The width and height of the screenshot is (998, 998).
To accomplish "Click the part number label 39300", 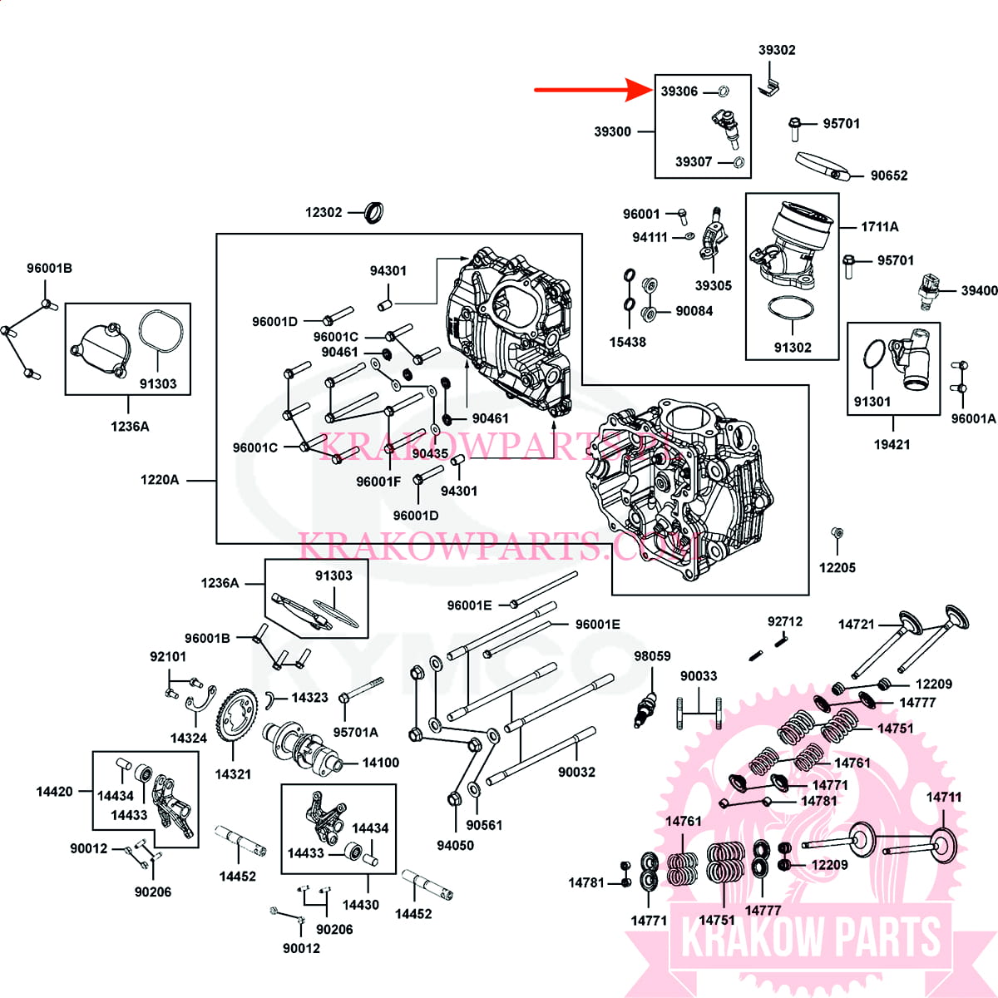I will pyautogui.click(x=612, y=131).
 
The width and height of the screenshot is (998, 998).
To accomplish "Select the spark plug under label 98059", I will pyautogui.click(x=645, y=706).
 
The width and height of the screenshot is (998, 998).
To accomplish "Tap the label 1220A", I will pyautogui.click(x=160, y=480).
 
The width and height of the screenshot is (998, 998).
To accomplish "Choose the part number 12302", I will pyautogui.click(x=324, y=213).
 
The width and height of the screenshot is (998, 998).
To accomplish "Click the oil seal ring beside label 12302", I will pyautogui.click(x=376, y=213).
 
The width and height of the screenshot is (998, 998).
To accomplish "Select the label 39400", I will pyautogui.click(x=979, y=291).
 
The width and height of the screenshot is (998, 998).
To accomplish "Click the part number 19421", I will pyautogui.click(x=892, y=445).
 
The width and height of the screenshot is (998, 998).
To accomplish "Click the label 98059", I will pyautogui.click(x=652, y=656).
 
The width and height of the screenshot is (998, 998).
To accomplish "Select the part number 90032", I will pyautogui.click(x=576, y=773).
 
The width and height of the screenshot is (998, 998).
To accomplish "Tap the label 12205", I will pyautogui.click(x=837, y=568).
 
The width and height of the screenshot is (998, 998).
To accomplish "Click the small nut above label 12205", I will pyautogui.click(x=837, y=533).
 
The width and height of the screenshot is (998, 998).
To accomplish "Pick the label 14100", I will pyautogui.click(x=380, y=763).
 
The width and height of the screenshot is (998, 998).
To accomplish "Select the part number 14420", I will pyautogui.click(x=54, y=792).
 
